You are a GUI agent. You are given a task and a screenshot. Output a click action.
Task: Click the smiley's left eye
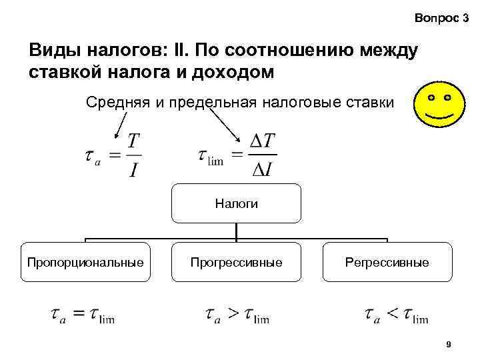click(431, 97)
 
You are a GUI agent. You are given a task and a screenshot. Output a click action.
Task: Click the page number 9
click(449, 345)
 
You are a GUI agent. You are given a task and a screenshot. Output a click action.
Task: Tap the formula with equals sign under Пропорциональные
click(82, 315)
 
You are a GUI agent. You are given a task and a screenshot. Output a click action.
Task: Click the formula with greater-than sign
click(237, 315)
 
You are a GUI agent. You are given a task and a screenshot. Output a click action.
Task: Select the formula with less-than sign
click(396, 315)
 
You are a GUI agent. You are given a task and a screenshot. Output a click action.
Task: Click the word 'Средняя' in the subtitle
click(111, 103)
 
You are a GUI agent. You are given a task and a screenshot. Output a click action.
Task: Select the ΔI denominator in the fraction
click(262, 171)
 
